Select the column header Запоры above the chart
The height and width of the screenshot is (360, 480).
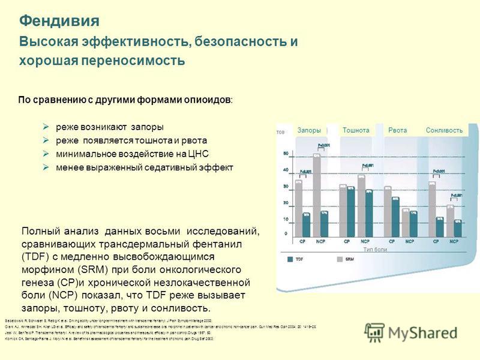coord(309,130)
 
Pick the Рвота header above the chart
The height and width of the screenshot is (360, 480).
coord(398,130)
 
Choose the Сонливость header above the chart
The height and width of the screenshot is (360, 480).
coord(445,130)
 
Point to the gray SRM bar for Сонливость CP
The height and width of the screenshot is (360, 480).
coord(432,208)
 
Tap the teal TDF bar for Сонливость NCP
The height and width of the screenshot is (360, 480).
coord(458,229)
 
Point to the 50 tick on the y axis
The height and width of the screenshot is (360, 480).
coord(285,152)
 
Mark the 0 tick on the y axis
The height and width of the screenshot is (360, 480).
coord(285,233)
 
